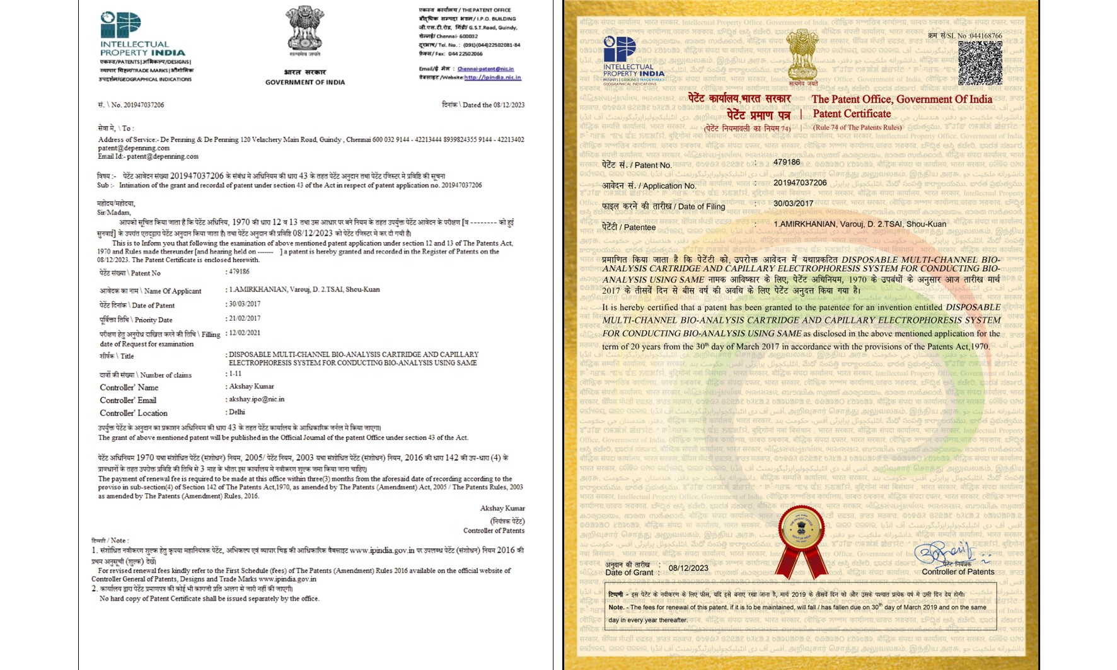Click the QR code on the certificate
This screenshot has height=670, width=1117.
980,63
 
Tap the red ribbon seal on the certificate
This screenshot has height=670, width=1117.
801,541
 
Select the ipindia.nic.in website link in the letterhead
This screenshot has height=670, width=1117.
492,78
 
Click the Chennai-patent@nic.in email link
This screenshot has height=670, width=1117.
485,69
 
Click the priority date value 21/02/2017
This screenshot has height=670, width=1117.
245,319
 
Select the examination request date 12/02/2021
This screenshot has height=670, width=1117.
245,333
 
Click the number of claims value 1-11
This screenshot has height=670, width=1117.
235,374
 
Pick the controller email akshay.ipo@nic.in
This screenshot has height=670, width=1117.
257,399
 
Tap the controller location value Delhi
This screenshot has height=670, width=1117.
237,412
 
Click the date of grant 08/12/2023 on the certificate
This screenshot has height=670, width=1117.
688,568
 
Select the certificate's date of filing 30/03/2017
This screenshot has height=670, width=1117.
793,204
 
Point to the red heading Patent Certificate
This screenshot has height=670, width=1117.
852,114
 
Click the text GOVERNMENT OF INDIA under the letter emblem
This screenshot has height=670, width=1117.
305,83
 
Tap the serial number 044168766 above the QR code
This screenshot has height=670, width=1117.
985,36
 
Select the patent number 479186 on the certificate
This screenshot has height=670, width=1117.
787,162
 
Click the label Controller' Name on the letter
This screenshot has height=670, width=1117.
129,388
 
